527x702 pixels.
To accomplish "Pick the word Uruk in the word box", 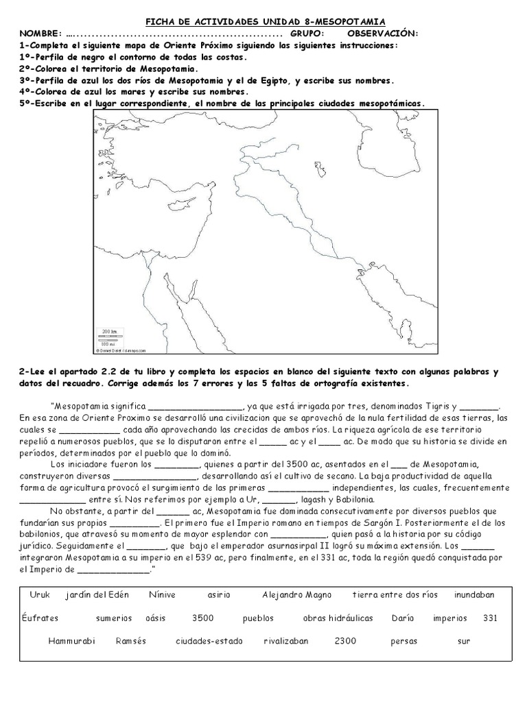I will (x=40, y=594).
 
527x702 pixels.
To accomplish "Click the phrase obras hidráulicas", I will (x=338, y=618).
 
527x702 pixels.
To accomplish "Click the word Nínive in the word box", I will (x=162, y=594).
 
